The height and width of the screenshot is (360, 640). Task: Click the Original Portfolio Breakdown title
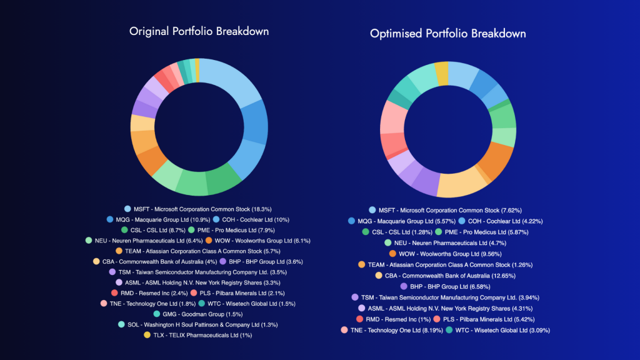point(199,31)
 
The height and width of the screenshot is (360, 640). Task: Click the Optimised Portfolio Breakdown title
point(447,33)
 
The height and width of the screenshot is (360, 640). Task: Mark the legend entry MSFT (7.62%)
point(449,210)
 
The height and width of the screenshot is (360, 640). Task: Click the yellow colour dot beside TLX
point(147,335)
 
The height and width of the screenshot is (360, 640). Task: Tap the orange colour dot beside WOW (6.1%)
point(209,240)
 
